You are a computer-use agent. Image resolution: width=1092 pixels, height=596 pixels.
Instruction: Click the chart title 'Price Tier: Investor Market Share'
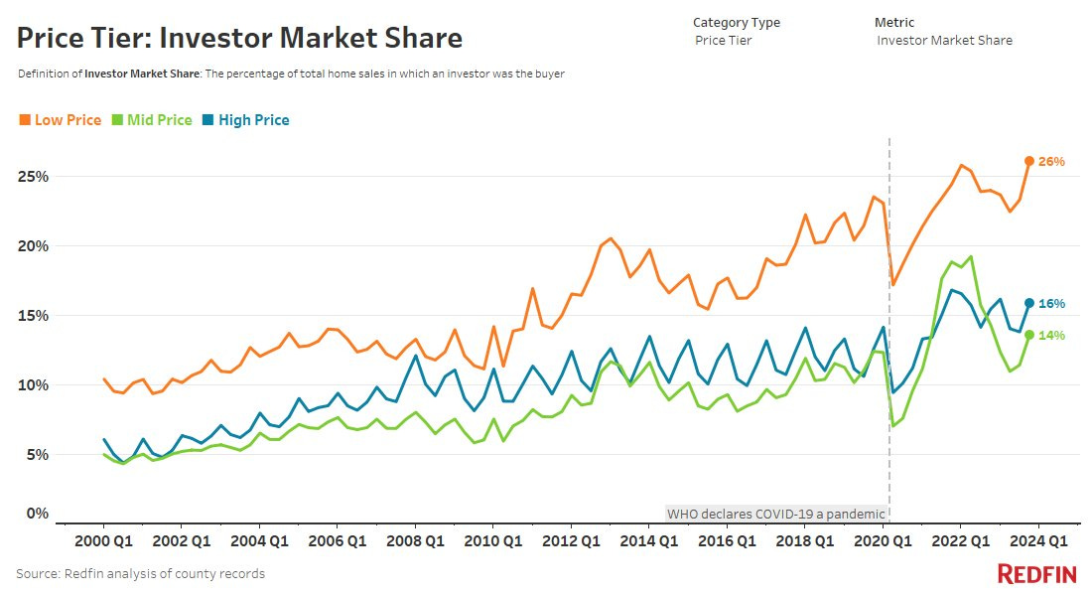point(239,38)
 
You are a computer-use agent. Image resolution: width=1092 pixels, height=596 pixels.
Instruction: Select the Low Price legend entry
point(61,120)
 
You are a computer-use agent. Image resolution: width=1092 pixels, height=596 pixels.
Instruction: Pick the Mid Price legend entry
point(152,120)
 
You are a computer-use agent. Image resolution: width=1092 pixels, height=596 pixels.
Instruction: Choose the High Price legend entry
point(245,120)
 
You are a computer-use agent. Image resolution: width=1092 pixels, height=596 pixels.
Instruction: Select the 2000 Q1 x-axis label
point(102,541)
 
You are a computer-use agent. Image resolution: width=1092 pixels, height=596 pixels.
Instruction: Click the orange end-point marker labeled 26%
point(1029,161)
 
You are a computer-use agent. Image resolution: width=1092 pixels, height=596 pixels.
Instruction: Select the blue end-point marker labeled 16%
point(1029,303)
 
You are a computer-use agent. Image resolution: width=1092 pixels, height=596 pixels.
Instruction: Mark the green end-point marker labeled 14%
point(1029,335)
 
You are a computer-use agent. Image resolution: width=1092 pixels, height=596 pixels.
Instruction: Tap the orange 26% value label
point(1051,161)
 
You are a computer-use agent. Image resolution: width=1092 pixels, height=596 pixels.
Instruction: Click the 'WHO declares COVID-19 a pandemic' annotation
point(775,514)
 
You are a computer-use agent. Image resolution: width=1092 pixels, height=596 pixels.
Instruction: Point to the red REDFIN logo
point(1038,573)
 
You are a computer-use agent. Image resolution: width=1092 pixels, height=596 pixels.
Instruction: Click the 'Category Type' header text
point(736,22)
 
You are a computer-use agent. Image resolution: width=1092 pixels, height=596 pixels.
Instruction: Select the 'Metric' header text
point(893,22)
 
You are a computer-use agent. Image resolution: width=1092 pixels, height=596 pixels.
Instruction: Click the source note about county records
point(140,573)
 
